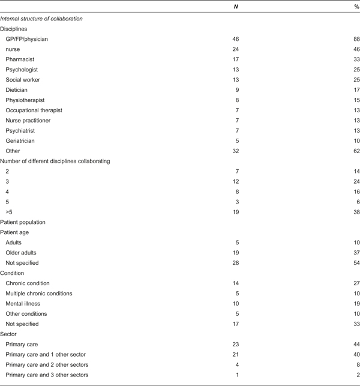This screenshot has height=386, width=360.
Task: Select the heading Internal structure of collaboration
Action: click(41, 19)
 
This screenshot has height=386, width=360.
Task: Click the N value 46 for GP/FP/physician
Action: click(235, 39)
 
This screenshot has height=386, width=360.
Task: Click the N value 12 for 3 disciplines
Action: click(235, 181)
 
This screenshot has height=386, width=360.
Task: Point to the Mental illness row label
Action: click(24, 304)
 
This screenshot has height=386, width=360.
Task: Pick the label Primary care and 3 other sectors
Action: click(47, 375)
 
